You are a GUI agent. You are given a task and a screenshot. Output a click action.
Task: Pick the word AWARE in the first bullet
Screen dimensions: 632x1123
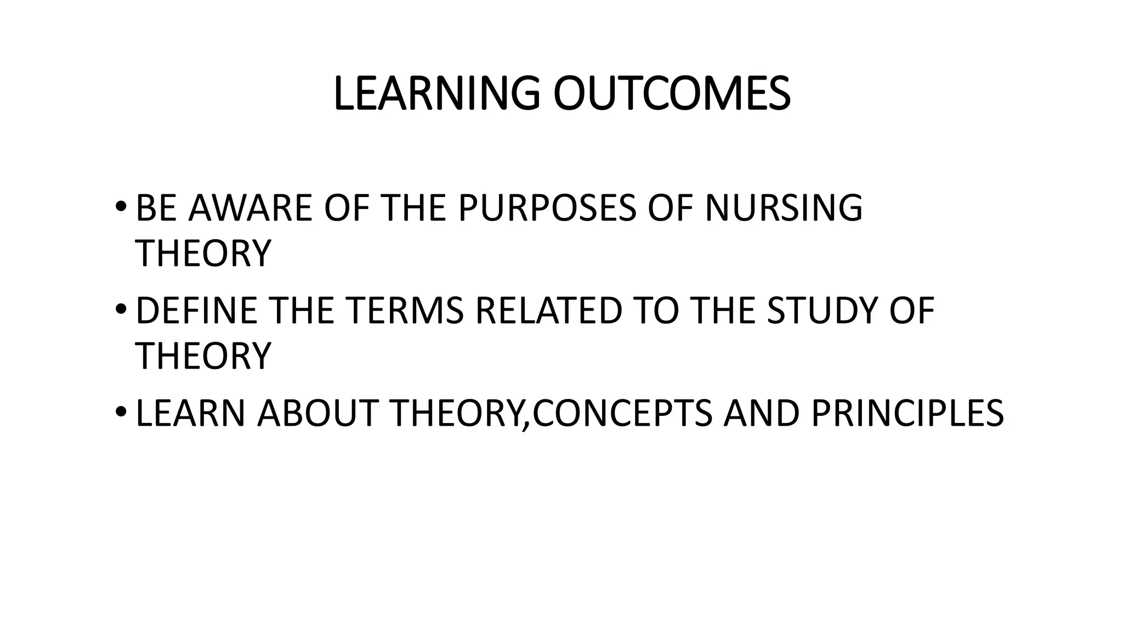point(250,208)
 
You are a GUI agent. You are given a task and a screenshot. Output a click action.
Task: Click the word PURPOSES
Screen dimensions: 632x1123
point(547,208)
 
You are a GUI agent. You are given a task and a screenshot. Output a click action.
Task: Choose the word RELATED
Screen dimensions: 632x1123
point(549,311)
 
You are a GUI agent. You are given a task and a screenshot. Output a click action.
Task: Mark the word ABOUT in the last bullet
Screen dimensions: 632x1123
point(317,414)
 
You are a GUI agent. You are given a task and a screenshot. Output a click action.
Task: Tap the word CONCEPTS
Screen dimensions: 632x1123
point(622,414)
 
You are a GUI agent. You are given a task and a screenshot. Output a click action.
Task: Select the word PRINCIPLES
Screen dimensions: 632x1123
point(907,414)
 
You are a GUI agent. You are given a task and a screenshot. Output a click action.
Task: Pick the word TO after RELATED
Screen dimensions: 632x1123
point(656,311)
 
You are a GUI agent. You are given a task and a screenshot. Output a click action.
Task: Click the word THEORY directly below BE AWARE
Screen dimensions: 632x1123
point(203,253)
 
